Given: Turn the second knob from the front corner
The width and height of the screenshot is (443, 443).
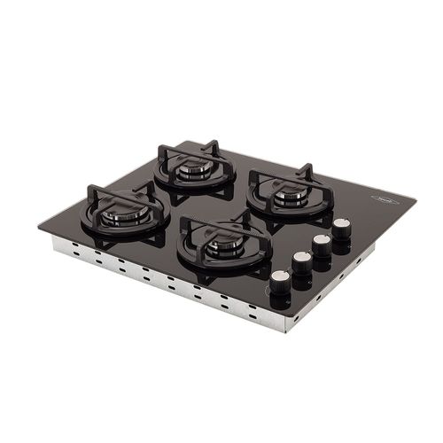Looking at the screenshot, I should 302,260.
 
